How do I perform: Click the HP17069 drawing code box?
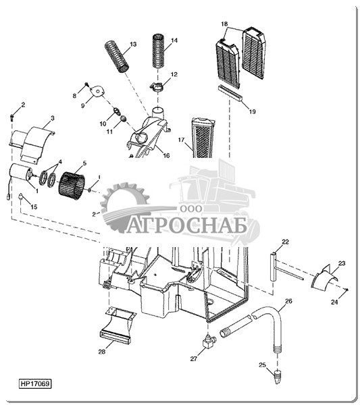[x=35, y=383]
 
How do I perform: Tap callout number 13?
[x=133, y=45]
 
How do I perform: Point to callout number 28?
[x=102, y=352]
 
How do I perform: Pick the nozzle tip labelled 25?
[x=278, y=376]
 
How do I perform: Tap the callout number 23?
[x=342, y=263]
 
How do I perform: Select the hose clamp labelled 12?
[x=157, y=86]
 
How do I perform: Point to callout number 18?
[x=224, y=24]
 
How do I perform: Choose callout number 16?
[x=166, y=155]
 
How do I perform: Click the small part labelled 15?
[x=20, y=196]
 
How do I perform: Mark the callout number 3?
[x=53, y=118]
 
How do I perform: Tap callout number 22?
[x=285, y=242]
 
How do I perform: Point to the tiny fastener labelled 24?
[x=347, y=290]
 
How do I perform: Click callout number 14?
[x=174, y=40]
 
